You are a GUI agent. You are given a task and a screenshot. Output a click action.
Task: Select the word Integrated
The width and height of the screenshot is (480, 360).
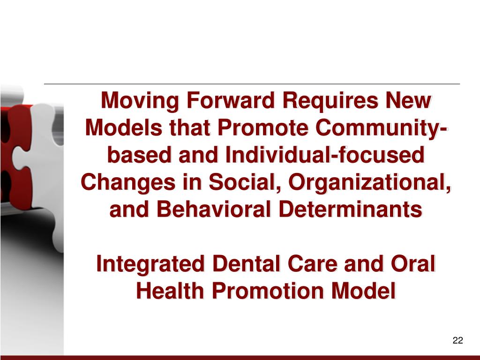click(x=150, y=264)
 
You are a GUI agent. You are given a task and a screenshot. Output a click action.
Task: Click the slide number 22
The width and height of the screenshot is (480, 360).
click(x=458, y=341)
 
